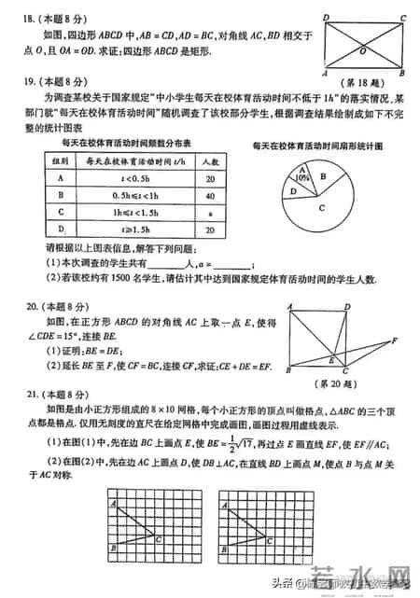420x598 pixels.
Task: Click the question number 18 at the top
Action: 26,19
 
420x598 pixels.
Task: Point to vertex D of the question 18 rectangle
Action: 325,17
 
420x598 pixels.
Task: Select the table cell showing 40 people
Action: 210,197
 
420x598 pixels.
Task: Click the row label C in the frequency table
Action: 61,213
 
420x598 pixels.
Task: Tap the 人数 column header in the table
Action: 210,161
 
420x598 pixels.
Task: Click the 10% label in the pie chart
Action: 301,176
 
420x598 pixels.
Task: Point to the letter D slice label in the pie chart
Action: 293,192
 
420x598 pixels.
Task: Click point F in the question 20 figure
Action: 394,340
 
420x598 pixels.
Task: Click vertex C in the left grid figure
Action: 161,538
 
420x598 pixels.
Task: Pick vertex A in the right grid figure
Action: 225,504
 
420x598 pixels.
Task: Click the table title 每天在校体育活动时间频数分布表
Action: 126,144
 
